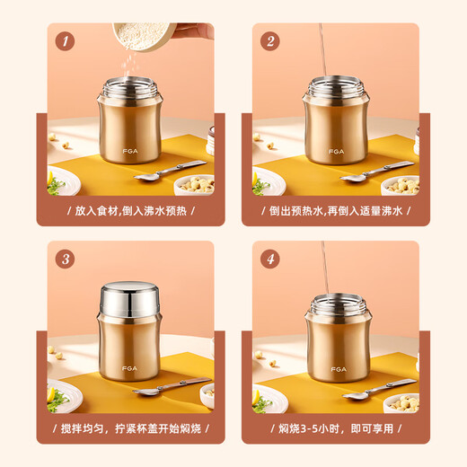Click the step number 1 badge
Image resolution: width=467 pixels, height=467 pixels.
point(64,41)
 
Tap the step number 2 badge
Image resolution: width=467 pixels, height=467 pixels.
point(269,41)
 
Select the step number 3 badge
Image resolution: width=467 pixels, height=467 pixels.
point(64,260)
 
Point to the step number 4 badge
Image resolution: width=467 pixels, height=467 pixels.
point(269,260)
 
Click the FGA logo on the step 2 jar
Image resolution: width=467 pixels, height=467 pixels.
point(337,153)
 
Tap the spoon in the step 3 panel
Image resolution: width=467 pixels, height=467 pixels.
point(171,387)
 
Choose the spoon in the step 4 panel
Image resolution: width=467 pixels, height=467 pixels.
point(377,389)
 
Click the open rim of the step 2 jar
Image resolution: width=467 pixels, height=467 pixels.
point(335,87)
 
